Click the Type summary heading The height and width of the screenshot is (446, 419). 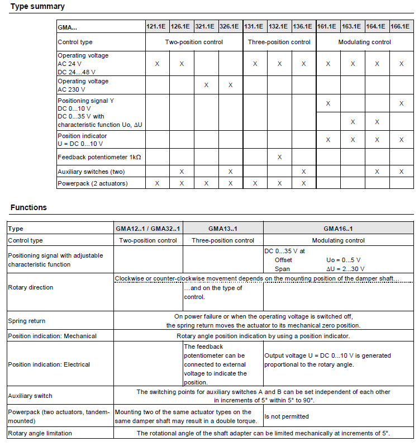(37, 7)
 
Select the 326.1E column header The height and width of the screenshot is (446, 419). (230, 26)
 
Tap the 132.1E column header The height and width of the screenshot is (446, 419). (279, 26)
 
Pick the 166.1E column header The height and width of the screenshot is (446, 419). (401, 26)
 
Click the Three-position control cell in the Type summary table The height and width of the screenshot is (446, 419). (279, 42)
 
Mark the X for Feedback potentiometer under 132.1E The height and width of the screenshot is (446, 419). (279, 157)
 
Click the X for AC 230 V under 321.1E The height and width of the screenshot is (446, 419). (206, 85)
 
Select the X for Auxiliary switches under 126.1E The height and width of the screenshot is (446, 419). (182, 172)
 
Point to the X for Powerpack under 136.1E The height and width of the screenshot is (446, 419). (303, 183)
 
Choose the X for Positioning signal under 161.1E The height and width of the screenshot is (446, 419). (328, 103)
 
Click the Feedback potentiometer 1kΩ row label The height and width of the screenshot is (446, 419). (99, 157)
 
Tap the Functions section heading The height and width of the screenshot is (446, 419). (28, 207)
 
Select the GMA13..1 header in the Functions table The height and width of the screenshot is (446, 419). (223, 229)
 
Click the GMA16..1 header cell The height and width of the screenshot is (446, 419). (338, 229)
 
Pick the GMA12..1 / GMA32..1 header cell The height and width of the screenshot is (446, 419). (148, 229)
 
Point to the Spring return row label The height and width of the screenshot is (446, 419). (27, 321)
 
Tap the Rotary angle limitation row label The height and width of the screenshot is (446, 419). (40, 433)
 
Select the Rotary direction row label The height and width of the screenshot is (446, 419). (31, 287)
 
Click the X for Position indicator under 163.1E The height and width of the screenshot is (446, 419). (353, 140)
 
